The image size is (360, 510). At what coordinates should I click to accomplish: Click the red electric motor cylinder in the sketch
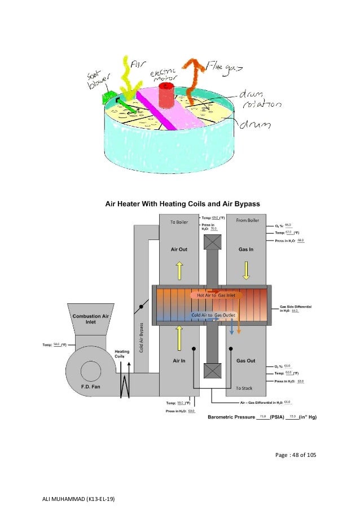coord(167,97)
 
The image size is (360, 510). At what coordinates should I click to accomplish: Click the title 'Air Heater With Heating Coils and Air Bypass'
coord(180,204)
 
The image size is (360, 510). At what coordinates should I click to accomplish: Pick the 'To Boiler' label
coord(179,222)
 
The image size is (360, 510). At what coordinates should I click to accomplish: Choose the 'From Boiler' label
coord(247,220)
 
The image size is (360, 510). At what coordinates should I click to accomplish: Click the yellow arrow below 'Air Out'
coord(179,271)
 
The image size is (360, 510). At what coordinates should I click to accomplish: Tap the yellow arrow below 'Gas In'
coord(247,271)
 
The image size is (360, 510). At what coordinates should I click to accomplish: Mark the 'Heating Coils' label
coord(122,354)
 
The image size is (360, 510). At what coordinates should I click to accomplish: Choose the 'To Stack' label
coord(245,388)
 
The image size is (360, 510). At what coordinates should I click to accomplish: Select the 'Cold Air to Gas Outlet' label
coord(214,315)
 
